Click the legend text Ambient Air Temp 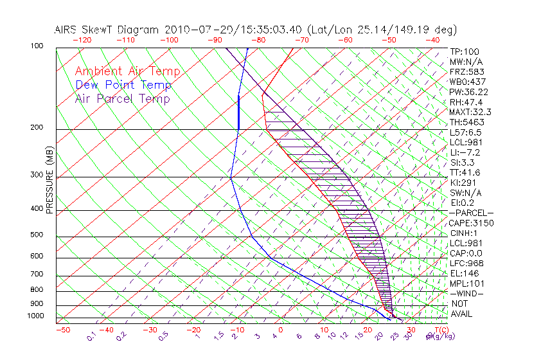coord(127,71)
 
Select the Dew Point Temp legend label coord(123,85)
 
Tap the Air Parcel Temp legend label coord(122,98)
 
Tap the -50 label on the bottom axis coord(63,330)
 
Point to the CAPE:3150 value coord(471,223)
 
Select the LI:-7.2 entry coord(465,152)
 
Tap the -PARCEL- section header coord(471,213)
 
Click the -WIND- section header coord(467,293)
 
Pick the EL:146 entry coord(464,273)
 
